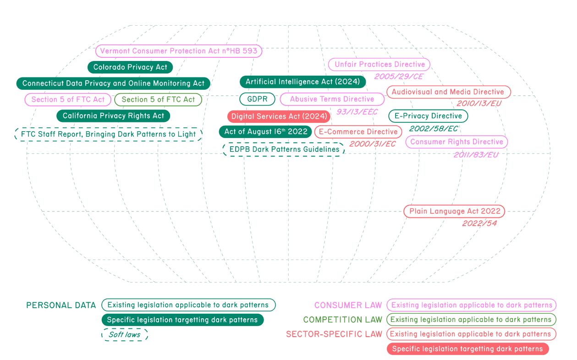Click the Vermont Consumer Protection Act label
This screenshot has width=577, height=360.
coord(179,51)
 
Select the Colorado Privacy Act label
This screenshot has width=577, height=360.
coord(130,67)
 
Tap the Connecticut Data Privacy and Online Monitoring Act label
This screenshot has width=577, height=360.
coord(113,83)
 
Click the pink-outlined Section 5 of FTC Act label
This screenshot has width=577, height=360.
coord(68,100)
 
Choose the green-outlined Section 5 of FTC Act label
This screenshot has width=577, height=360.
coord(158,100)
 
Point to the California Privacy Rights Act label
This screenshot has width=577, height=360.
coord(113,116)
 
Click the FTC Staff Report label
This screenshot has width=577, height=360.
coord(108,134)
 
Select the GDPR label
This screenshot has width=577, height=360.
coord(257,99)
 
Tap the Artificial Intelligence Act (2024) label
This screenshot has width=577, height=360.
coord(303,82)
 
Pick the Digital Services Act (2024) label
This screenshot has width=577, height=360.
coord(279,116)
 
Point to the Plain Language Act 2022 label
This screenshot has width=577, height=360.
coord(454,211)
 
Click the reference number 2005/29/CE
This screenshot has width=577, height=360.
coord(398,77)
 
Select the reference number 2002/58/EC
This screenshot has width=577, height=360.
coord(433,128)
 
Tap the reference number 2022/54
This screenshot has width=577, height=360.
coord(479,223)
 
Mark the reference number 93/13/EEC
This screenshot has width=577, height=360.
coord(357,112)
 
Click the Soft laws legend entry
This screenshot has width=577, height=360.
coord(125,335)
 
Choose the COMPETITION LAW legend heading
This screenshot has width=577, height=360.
coord(342,320)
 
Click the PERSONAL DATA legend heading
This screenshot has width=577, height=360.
coord(61,305)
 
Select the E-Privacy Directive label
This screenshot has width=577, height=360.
coord(428,116)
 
